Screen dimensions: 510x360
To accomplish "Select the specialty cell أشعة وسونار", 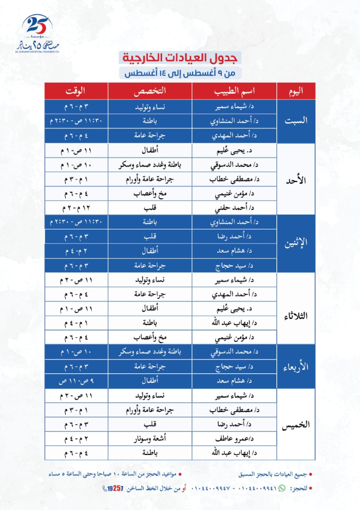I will (149, 438).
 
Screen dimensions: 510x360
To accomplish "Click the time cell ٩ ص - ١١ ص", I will (75, 380).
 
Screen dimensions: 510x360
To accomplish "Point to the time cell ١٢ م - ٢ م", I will (75, 208).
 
